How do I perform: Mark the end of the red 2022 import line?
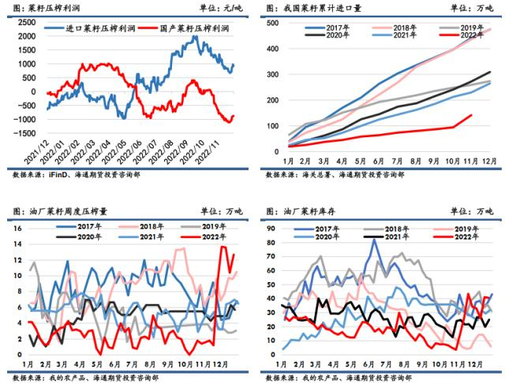(472, 115)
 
